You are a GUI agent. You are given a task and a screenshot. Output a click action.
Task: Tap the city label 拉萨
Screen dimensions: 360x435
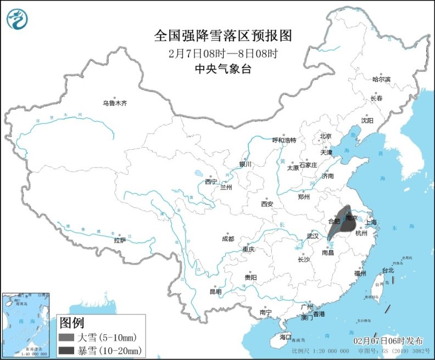120,240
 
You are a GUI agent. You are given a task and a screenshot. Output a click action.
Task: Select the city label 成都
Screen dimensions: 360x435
227,239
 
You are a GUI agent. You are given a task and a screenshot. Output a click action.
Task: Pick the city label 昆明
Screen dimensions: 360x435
215,291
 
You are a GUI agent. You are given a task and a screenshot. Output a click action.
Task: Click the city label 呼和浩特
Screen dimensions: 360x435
285,140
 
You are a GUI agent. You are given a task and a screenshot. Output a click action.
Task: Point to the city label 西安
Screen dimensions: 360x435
267,204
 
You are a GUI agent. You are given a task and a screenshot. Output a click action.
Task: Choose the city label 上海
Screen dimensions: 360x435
371,222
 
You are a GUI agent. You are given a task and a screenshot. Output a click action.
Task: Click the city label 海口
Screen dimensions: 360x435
285,336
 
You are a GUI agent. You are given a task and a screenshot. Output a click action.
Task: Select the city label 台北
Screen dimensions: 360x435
388,271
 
